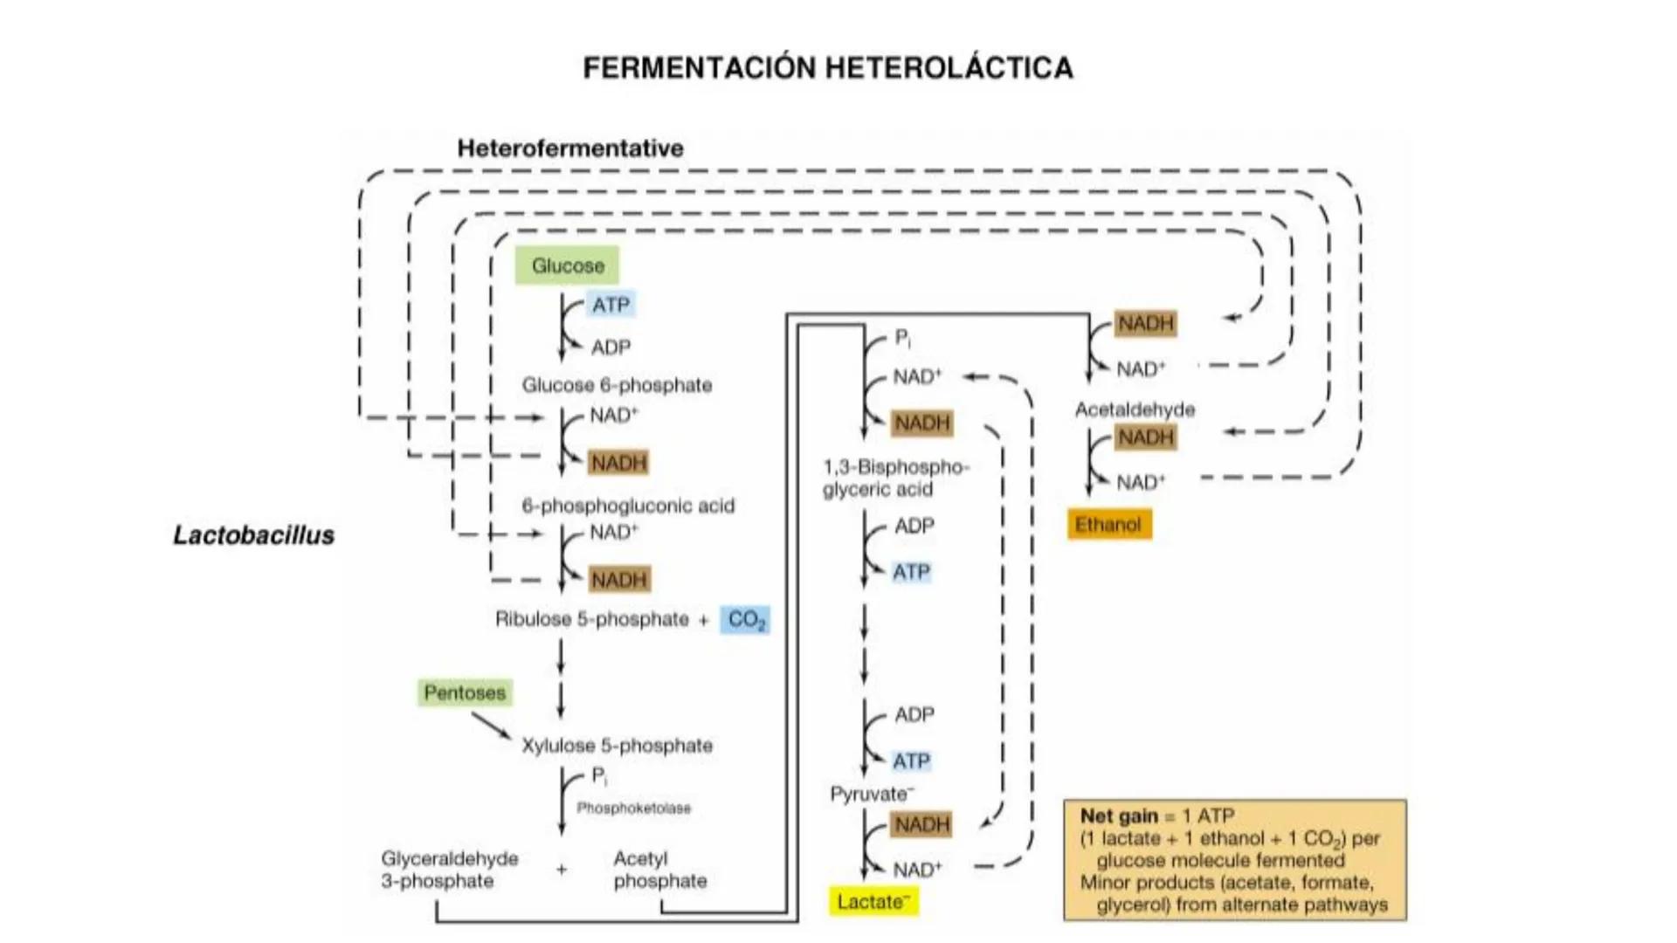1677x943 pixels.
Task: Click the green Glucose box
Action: [567, 265]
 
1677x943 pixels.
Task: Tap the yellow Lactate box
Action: [873, 902]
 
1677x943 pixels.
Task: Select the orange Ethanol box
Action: [1108, 525]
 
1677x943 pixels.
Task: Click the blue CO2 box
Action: [746, 620]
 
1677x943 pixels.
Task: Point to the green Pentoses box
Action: [465, 693]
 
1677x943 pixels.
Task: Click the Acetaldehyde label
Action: [1135, 410]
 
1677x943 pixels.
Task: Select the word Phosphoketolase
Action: [633, 809]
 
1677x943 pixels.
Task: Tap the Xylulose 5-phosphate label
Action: [617, 746]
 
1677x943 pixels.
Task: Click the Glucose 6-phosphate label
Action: [617, 385]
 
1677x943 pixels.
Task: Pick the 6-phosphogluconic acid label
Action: [628, 506]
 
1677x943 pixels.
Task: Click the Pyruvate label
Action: [870, 795]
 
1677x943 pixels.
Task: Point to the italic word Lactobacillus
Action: [253, 535]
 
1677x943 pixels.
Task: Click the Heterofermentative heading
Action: [570, 148]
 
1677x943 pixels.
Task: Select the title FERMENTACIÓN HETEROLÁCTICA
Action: [828, 68]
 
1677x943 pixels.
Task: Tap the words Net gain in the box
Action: [1118, 816]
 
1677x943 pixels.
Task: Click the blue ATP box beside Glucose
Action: [611, 305]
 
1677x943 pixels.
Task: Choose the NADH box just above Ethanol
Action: [1146, 437]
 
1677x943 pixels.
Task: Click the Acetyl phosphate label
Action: [659, 870]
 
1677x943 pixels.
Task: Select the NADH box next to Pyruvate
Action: [921, 825]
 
